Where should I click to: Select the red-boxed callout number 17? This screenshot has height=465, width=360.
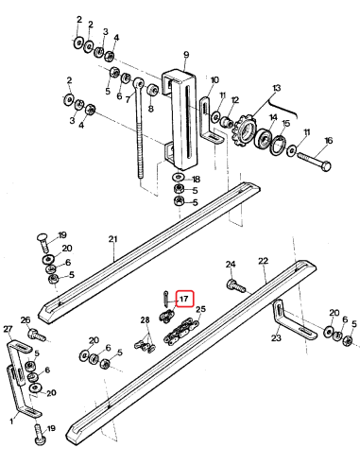184,299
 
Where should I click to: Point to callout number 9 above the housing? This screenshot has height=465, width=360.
186,55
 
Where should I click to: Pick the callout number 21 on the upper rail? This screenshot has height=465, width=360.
113,239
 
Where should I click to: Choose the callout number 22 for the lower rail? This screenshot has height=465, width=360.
264,260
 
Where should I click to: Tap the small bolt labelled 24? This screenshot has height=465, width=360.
235,281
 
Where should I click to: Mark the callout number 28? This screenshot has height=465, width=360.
146,321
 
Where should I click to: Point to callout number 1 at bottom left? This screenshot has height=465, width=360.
11,413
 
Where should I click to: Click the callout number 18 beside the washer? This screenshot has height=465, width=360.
196,179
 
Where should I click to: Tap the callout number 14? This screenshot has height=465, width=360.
272,118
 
